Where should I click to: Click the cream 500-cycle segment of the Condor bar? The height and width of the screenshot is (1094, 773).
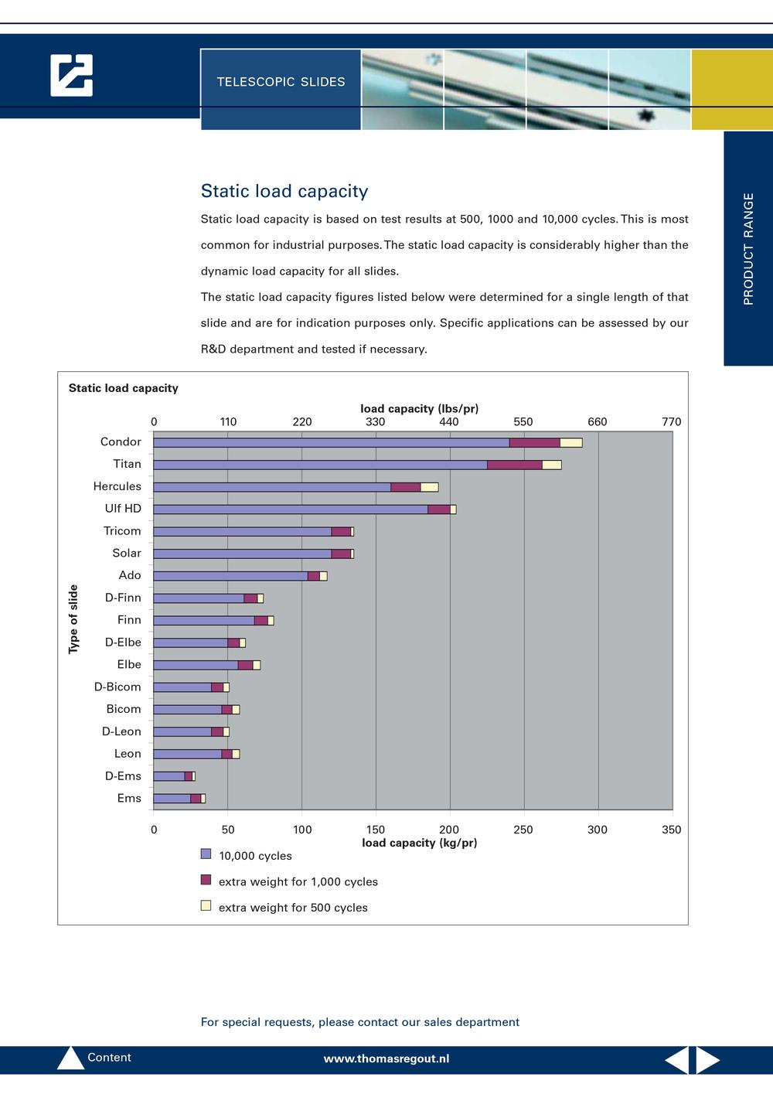click(x=570, y=442)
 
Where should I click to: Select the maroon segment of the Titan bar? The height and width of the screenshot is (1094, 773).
click(x=515, y=465)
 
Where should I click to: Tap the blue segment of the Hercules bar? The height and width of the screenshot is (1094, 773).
click(x=272, y=487)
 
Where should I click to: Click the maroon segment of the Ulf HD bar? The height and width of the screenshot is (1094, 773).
click(x=439, y=510)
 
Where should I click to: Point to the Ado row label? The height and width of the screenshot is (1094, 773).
click(x=130, y=575)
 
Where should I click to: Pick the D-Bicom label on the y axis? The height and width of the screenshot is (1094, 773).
click(x=117, y=687)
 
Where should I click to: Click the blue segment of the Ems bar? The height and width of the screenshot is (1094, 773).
click(x=172, y=799)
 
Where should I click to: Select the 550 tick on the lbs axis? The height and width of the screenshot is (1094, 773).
click(x=523, y=422)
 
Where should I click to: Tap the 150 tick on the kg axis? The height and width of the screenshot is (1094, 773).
click(x=376, y=830)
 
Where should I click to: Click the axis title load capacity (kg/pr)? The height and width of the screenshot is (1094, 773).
click(x=420, y=843)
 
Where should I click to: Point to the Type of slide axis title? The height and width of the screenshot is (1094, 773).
click(x=73, y=619)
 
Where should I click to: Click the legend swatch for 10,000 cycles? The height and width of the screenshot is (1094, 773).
click(x=206, y=854)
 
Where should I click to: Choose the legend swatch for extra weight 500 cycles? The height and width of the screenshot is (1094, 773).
click(x=206, y=905)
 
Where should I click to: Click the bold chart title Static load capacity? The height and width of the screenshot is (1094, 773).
click(x=124, y=388)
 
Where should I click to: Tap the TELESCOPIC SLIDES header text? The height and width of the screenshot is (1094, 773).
click(x=281, y=81)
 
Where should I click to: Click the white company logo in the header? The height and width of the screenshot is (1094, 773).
click(x=71, y=75)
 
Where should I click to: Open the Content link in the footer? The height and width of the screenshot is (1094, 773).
click(x=109, y=1058)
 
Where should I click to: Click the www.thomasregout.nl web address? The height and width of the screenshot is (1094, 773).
click(x=386, y=1058)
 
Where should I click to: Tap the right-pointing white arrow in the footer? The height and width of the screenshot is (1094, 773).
click(x=707, y=1060)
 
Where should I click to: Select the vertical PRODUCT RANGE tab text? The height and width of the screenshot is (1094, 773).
click(x=748, y=249)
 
